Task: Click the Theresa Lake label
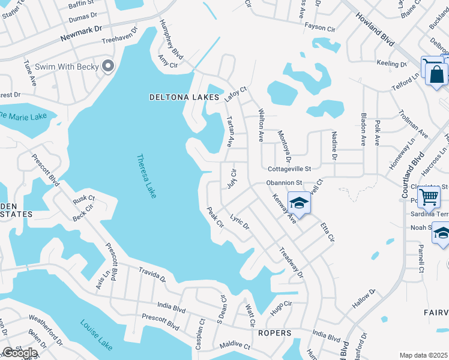coord(146,176)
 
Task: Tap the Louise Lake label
coord(96,335)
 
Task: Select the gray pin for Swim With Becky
coord(108,66)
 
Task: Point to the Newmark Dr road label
coord(82,36)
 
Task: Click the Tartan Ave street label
coord(229,131)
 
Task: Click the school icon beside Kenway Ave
coord(298,203)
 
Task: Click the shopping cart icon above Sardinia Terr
coord(429,196)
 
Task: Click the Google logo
coord(20,352)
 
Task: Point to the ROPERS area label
coord(274,333)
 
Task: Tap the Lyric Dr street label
coord(239,223)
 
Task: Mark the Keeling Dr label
coord(387,64)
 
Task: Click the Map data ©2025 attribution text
coord(423,355)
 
